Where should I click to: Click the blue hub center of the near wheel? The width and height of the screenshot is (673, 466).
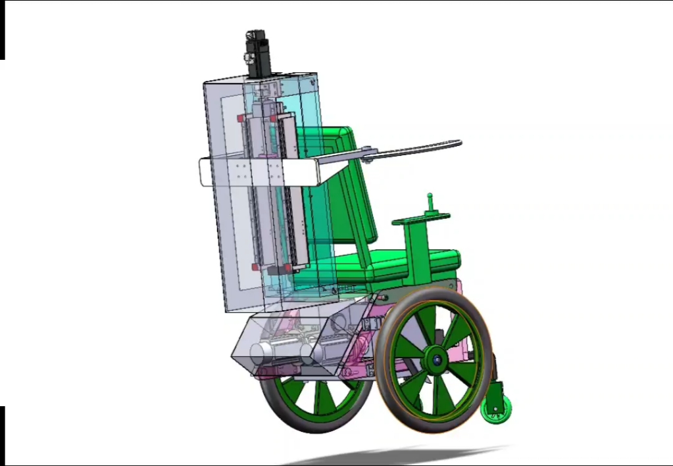436,360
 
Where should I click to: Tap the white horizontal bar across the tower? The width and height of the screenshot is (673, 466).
263,173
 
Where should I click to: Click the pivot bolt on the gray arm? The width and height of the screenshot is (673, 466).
369,157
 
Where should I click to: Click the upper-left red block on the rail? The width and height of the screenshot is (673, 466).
241,118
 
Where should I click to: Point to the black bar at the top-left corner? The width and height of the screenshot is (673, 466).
2,30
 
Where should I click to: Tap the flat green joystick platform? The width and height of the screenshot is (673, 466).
421,219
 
